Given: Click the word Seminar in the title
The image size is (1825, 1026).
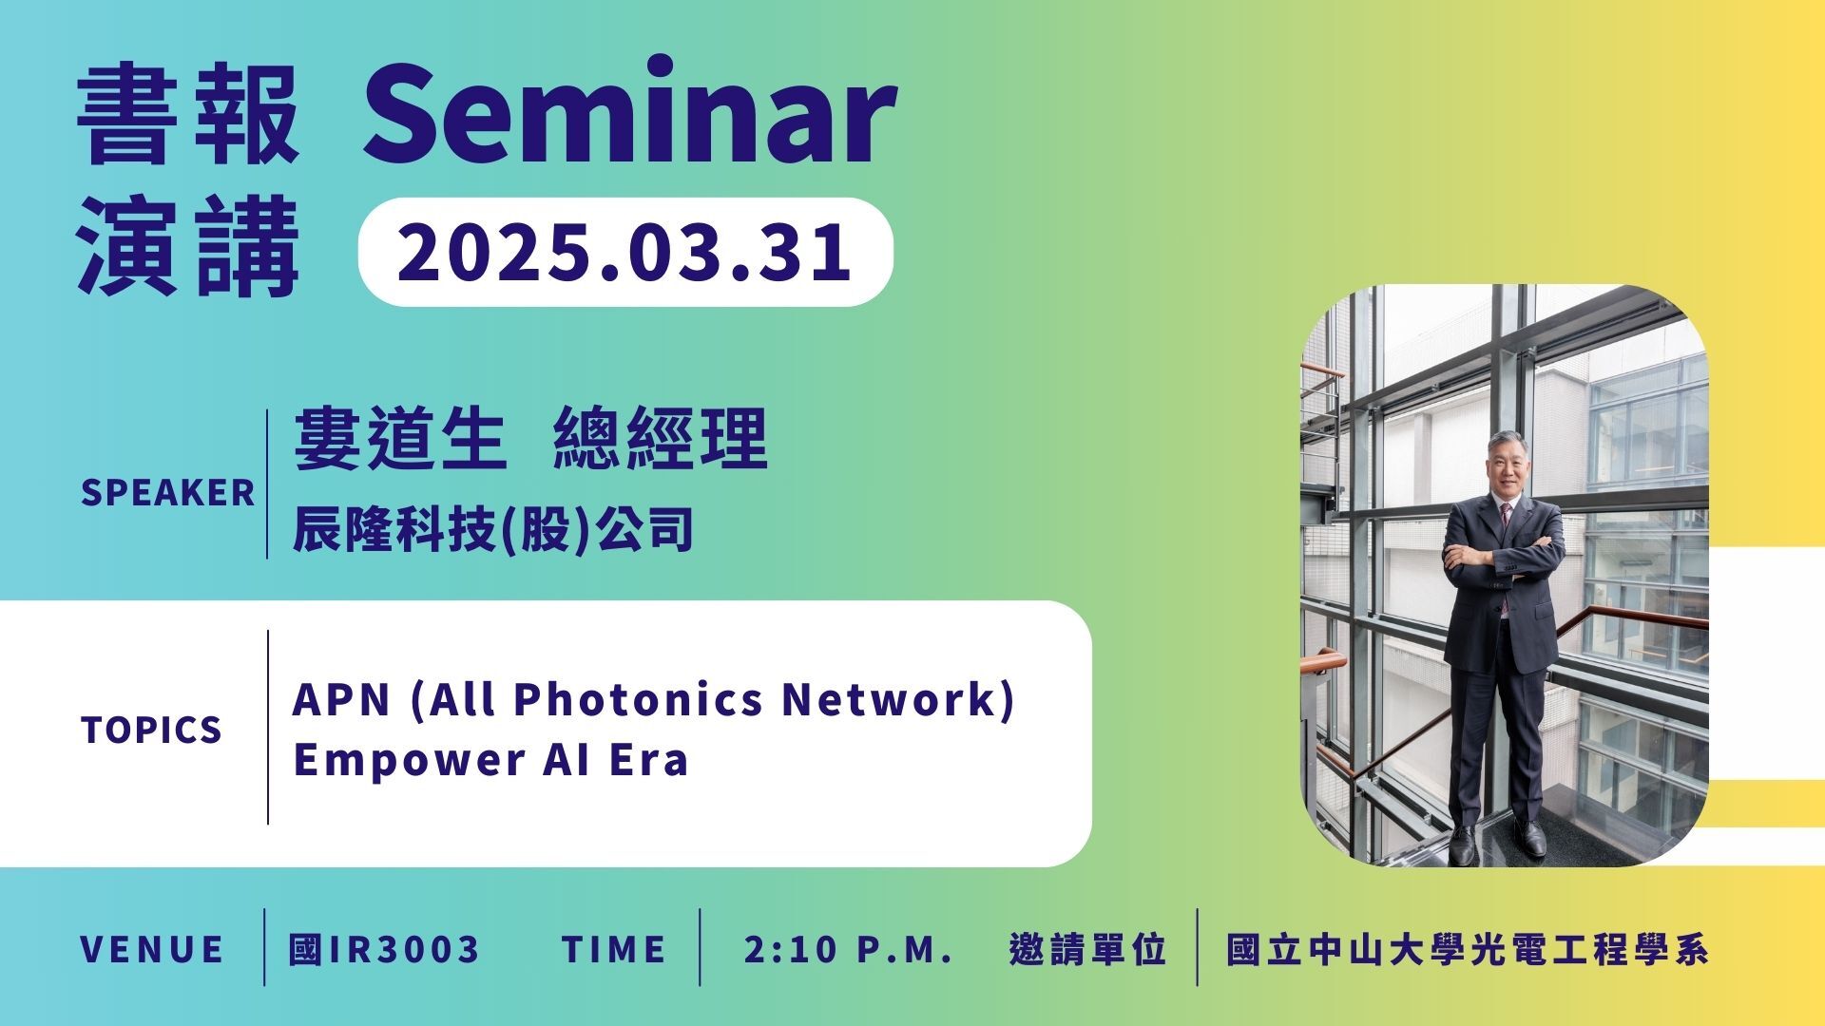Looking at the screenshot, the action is point(629,112).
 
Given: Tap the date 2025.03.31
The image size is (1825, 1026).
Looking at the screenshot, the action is point(624,252).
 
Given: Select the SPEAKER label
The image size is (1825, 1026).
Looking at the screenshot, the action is point(168,493).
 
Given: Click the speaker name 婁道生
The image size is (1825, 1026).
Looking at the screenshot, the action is point(398,439).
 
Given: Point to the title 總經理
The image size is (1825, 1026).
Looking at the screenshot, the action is point(660,439).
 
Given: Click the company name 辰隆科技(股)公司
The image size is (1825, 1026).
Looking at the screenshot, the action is point(492,529).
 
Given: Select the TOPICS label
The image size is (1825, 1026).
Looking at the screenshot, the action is point(152,730).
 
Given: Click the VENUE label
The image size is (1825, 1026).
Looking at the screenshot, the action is point(152,949).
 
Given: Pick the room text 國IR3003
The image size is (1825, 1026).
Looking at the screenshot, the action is point(384,949).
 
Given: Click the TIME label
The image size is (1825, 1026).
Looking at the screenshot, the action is point(614,949).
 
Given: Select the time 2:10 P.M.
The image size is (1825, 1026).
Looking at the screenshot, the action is point(848,949).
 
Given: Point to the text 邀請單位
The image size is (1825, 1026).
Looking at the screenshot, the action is point(1087,949).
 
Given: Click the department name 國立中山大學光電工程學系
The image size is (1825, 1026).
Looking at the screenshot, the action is point(1467,949).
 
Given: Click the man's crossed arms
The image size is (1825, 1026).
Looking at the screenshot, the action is point(1503,556).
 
